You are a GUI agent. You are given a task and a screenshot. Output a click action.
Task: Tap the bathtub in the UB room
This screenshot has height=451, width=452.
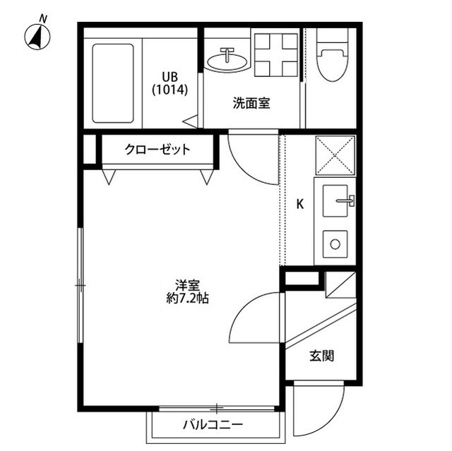click(x=113, y=83)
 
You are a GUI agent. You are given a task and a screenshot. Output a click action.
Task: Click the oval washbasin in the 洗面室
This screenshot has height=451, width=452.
click(x=227, y=61)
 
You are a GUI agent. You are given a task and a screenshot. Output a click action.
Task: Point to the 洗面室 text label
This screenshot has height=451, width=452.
click(x=251, y=103)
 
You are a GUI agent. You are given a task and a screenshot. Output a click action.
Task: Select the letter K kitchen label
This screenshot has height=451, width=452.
click(x=299, y=205)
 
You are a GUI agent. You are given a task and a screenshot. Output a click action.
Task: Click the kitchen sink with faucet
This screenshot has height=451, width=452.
click(x=338, y=201)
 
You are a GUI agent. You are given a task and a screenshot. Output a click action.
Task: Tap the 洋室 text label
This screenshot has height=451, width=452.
click(x=187, y=286)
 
